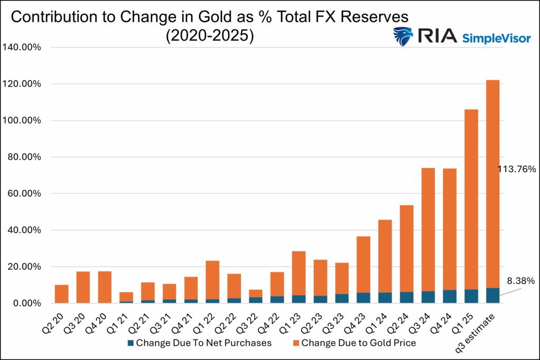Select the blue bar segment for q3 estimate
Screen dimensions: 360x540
[493, 295]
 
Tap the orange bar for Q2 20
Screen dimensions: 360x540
[62, 294]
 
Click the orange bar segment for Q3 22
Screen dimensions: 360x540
[256, 293]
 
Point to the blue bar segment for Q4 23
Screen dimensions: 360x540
[363, 298]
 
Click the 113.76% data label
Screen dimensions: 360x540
[517, 169]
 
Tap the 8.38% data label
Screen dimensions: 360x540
[521, 281]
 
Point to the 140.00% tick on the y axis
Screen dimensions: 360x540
[24, 47]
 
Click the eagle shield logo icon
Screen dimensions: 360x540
[403, 37]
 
